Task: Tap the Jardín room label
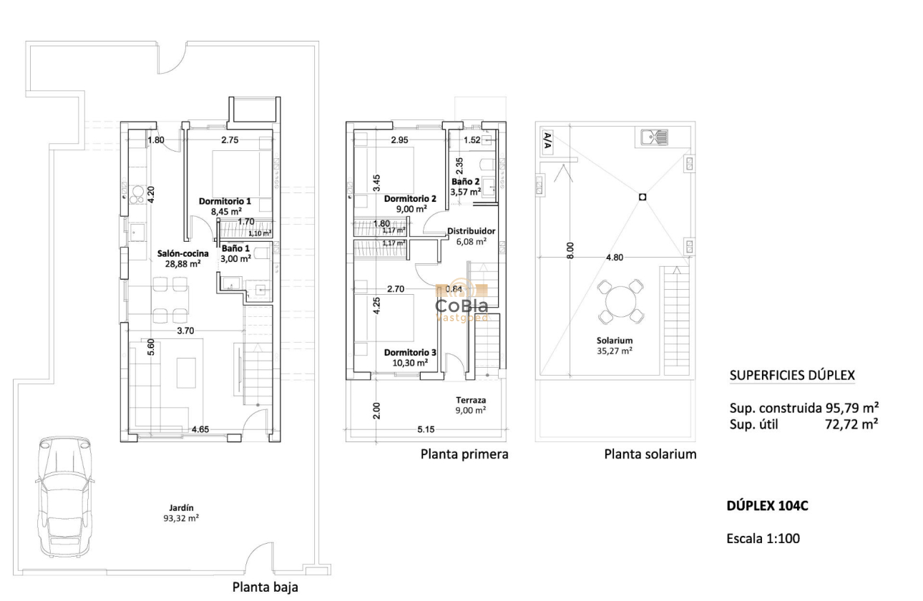pyautogui.click(x=182, y=507)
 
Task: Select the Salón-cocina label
pyautogui.click(x=182, y=253)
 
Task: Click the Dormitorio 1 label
pyautogui.click(x=225, y=202)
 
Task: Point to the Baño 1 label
pyautogui.click(x=236, y=248)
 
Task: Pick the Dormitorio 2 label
pyautogui.click(x=409, y=199)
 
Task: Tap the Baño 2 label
pyautogui.click(x=465, y=182)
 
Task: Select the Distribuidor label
pyautogui.click(x=471, y=231)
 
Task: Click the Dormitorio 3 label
pyautogui.click(x=409, y=353)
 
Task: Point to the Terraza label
pyautogui.click(x=471, y=401)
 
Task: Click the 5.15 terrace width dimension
pyautogui.click(x=426, y=429)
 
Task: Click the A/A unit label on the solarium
pyautogui.click(x=547, y=140)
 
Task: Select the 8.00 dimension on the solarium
pyautogui.click(x=570, y=250)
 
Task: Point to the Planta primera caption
pyautogui.click(x=464, y=454)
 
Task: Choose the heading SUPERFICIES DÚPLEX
pyautogui.click(x=791, y=376)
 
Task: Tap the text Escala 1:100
pyautogui.click(x=763, y=539)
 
